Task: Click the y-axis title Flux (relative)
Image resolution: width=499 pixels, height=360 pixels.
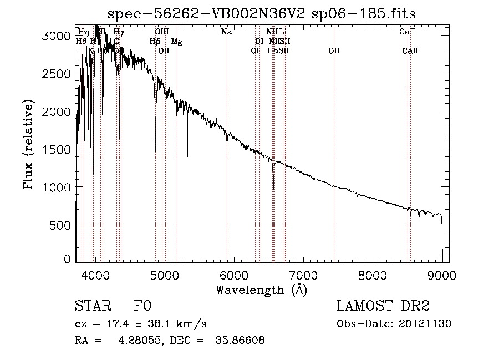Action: click(28, 144)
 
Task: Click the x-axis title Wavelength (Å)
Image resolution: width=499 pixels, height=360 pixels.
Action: click(261, 290)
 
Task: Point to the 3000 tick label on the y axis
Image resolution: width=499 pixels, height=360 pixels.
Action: click(57, 36)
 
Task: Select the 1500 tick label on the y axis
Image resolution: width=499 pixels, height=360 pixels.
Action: click(57, 150)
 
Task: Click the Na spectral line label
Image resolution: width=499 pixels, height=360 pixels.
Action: click(226, 32)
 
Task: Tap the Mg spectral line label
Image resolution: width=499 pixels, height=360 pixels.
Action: click(176, 42)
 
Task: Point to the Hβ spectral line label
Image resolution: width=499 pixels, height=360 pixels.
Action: click(155, 42)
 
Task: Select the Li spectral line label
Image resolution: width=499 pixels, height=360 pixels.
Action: click(283, 32)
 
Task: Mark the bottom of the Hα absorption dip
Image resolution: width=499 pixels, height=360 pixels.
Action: click(273, 189)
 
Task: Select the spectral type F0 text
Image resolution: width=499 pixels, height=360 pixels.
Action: click(142, 306)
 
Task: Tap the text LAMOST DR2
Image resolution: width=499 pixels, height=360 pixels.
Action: click(383, 306)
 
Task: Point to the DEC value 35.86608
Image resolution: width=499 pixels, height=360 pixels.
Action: click(240, 341)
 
